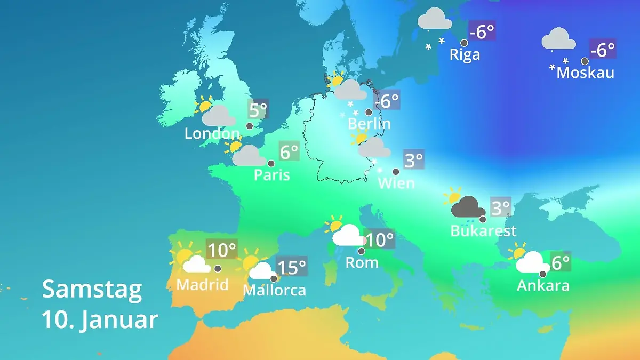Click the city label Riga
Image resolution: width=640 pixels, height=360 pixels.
tap(465, 54)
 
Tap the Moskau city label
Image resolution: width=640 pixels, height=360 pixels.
tap(585, 73)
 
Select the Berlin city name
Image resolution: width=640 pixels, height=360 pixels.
tap(369, 124)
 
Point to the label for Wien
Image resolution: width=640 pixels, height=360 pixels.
tap(396, 183)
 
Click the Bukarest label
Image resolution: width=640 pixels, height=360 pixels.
tap(483, 231)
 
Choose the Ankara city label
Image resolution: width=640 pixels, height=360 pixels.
tap(543, 285)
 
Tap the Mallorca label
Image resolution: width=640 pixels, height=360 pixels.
tap(274, 290)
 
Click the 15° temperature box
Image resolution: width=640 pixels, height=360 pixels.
tap(292, 266)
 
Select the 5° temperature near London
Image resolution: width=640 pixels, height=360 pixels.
tap(258, 110)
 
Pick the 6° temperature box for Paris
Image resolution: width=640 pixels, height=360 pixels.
tap(289, 152)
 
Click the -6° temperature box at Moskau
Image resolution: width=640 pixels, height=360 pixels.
tap(603, 50)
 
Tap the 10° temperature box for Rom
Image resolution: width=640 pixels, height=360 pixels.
tap(379, 239)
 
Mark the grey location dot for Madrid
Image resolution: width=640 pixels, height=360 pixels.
tap(218, 268)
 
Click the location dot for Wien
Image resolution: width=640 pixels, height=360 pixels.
tap(396, 172)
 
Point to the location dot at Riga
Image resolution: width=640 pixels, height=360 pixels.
tap(464, 43)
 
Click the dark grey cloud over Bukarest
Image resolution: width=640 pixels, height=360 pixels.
tap(468, 207)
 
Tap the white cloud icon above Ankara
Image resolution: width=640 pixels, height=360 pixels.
tap(532, 262)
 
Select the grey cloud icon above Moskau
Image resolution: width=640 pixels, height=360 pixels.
tap(558, 39)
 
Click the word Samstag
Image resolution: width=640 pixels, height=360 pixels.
tap(92, 290)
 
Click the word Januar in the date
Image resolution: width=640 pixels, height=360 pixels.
tap(120, 320)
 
